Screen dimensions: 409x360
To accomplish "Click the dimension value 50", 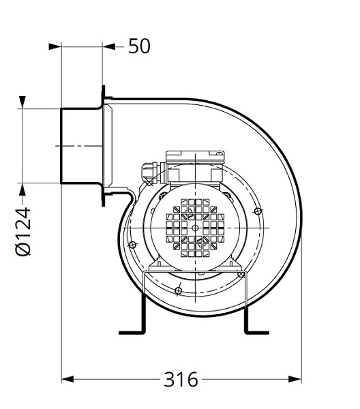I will (x=139, y=46).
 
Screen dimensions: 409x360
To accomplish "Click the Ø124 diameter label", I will (x=23, y=232).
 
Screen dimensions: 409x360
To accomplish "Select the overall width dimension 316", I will (x=181, y=378).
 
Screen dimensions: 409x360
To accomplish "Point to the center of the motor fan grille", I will (x=195, y=228).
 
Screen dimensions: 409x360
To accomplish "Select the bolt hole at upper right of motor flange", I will (x=256, y=211).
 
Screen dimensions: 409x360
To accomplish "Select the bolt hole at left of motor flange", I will (x=132, y=245).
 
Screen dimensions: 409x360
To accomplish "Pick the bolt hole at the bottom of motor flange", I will (x=178, y=291).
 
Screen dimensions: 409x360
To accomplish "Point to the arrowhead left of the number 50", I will (x=109, y=46).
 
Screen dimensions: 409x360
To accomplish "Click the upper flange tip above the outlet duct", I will (x=104, y=89).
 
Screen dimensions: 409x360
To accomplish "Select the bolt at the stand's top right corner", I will (x=242, y=274).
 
